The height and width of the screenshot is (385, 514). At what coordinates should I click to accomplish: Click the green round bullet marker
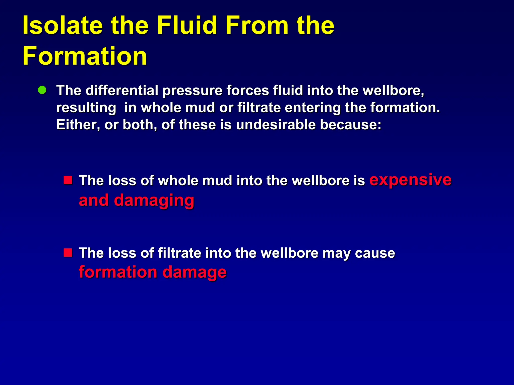pyautogui.click(x=42, y=90)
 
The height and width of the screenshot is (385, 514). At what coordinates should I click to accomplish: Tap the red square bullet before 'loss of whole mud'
pyautogui.click(x=68, y=180)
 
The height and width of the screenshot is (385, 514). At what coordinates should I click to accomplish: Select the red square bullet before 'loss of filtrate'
pyautogui.click(x=68, y=253)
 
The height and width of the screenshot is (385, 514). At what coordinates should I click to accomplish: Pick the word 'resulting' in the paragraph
pyautogui.click(x=86, y=108)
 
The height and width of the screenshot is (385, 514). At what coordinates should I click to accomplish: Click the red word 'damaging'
pyautogui.click(x=154, y=201)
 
